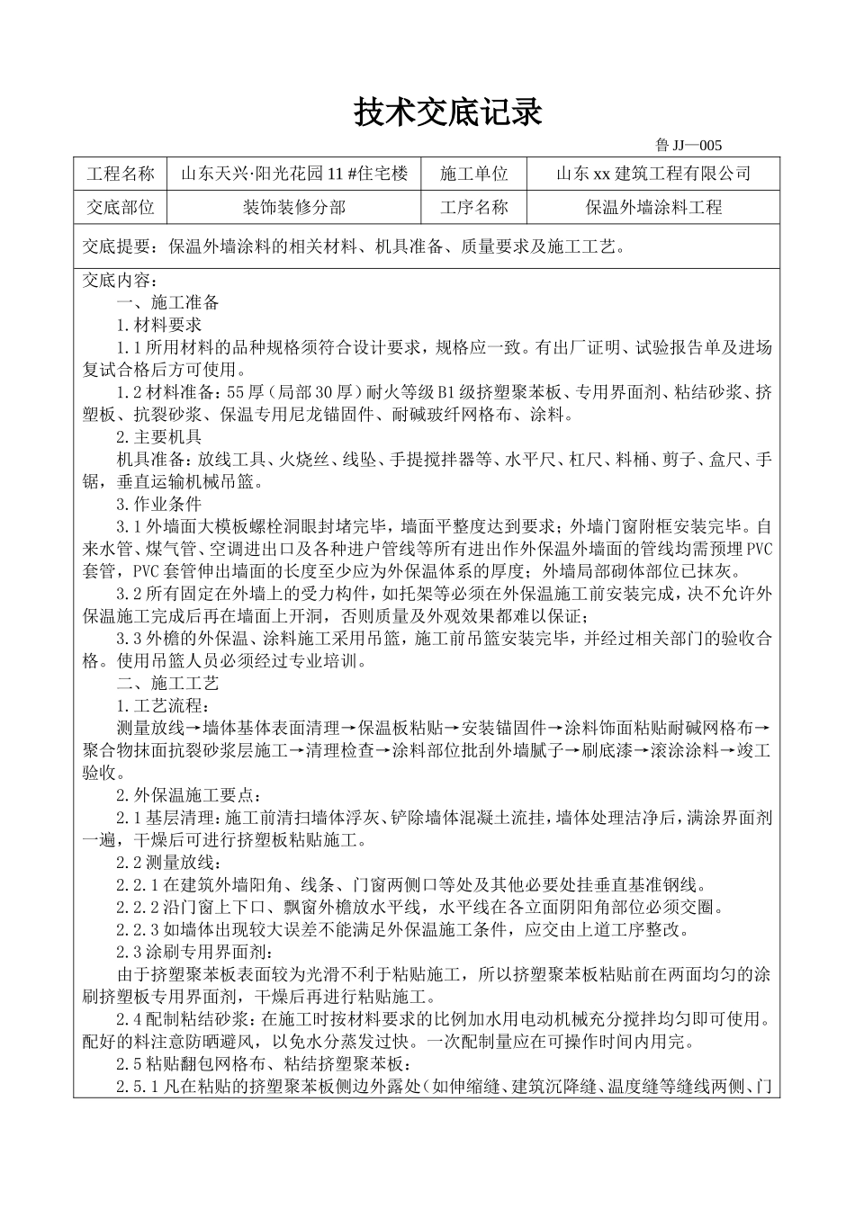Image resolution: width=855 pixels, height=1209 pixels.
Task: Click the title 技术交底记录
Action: point(447,113)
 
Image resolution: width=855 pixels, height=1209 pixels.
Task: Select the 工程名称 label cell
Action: point(120,174)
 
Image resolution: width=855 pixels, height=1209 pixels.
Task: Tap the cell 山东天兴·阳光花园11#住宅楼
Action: point(294,174)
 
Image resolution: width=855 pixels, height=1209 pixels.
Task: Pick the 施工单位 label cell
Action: point(474,174)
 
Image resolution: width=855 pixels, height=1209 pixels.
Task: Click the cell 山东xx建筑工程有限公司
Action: point(652,174)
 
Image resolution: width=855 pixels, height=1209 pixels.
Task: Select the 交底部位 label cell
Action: point(120,208)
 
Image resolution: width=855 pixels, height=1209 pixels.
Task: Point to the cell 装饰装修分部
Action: point(294,208)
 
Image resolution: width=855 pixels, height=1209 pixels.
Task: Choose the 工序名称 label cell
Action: point(474,208)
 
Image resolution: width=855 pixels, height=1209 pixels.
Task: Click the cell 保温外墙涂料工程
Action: point(652,208)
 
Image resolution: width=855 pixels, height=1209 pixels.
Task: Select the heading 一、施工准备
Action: point(167,302)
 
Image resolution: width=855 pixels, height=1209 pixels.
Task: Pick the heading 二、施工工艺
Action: point(167,683)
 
